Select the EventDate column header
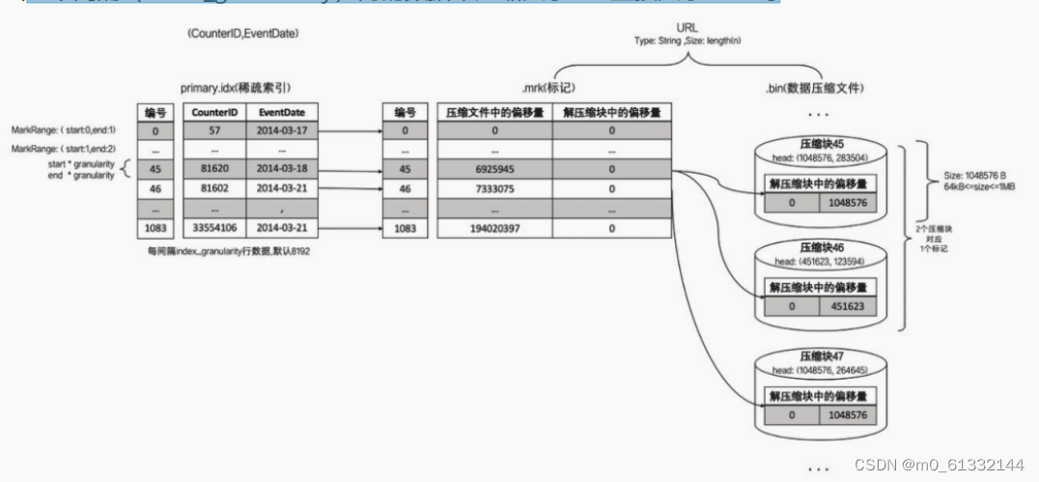point(283,111)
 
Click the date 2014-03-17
point(283,130)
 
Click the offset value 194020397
point(493,229)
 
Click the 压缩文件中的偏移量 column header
point(493,111)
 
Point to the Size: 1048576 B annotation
point(975,177)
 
